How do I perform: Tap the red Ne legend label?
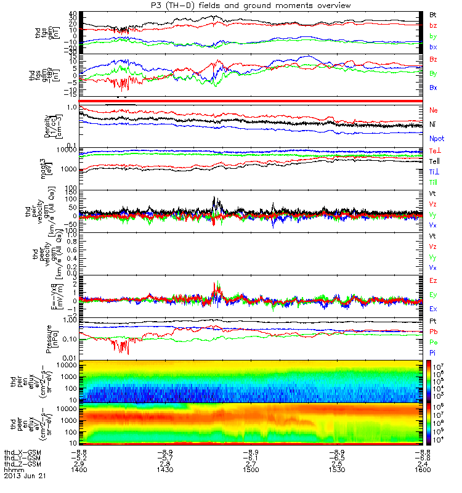click(x=434, y=110)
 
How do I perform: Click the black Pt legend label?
click(x=433, y=322)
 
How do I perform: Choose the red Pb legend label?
click(x=434, y=332)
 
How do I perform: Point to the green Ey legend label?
click(x=434, y=294)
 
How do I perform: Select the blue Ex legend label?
click(x=434, y=308)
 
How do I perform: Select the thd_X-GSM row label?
click(x=21, y=451)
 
